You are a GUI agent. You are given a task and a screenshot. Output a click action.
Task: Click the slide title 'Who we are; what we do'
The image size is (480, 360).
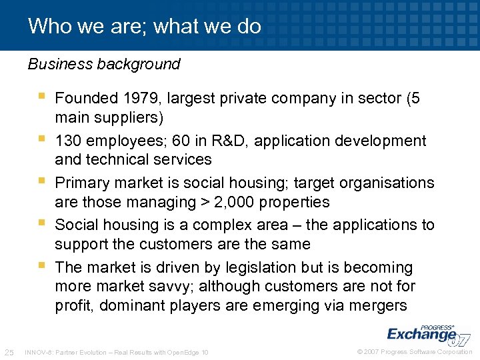(x=145, y=26)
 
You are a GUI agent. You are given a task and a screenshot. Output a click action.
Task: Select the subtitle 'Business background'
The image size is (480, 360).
(x=104, y=64)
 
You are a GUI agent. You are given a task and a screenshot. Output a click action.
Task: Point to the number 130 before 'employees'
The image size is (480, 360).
(x=69, y=141)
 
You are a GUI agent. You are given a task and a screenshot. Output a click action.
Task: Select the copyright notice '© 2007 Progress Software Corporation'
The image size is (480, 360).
(x=414, y=352)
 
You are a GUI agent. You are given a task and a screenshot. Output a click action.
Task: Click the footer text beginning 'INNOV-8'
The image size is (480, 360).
(x=115, y=352)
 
